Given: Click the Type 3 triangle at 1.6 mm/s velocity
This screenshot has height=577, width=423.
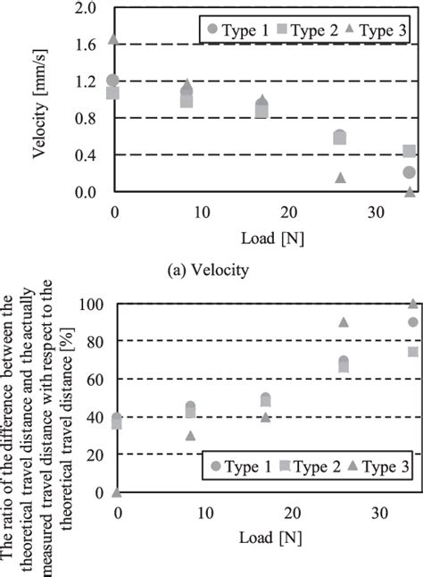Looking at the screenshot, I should (x=113, y=39).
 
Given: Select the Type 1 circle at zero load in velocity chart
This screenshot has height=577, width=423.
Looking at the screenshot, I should (x=113, y=80).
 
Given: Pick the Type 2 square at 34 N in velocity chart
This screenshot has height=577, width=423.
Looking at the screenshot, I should (x=410, y=152).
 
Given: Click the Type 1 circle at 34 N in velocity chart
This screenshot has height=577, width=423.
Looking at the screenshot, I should (x=410, y=172).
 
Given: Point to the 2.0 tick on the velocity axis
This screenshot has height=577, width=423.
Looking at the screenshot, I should (x=84, y=8).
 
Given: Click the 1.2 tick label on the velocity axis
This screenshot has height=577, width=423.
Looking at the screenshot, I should (x=84, y=81).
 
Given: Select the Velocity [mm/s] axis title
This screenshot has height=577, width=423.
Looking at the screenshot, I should (x=40, y=100).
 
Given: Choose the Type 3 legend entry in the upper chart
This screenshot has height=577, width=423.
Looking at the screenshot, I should (x=372, y=29).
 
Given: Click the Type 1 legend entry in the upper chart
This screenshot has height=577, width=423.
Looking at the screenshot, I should (x=236, y=29).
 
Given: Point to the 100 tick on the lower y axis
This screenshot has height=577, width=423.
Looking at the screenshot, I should (x=92, y=305).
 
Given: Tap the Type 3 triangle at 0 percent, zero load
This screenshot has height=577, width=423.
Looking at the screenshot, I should (x=117, y=491).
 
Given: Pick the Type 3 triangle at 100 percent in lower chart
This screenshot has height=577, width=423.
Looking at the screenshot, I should (x=413, y=305).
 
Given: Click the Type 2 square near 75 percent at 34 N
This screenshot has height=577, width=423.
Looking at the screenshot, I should (x=413, y=352).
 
